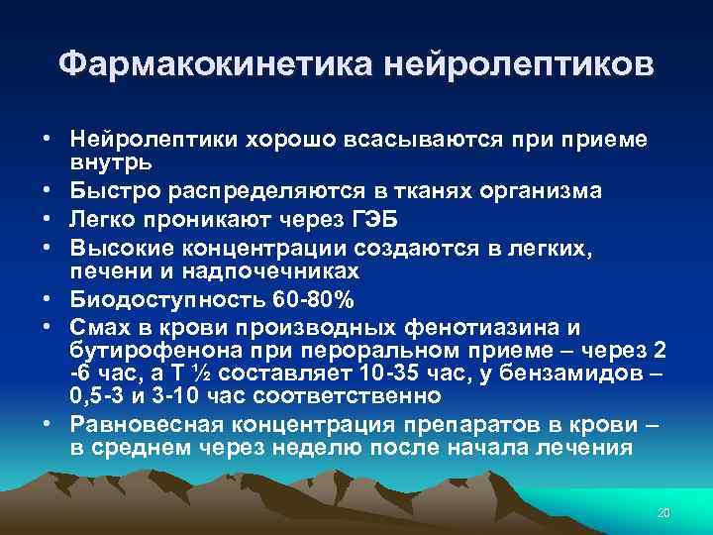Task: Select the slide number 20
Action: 663,513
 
